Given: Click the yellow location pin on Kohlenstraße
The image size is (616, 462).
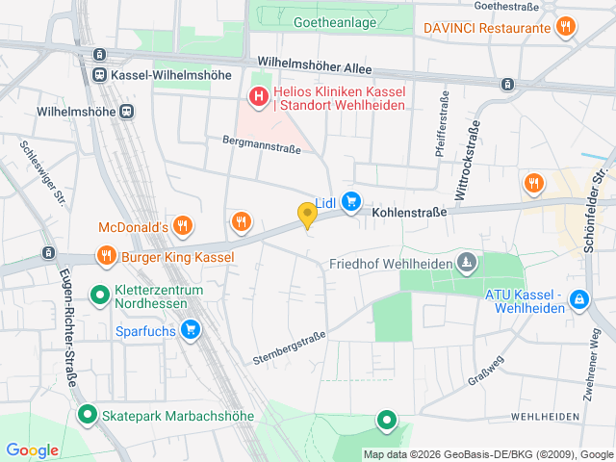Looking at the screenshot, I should click(307, 215).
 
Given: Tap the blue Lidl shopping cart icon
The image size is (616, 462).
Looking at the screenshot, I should click(352, 202).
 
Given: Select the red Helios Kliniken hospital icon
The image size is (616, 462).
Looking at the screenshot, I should click(258, 97).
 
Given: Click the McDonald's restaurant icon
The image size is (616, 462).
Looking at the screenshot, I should click(183, 227).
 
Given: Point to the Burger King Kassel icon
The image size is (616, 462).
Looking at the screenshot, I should click(106, 257).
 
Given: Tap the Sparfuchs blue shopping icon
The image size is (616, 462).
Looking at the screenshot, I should click(191, 330).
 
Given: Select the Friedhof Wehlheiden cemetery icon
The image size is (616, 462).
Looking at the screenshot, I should click(466, 263).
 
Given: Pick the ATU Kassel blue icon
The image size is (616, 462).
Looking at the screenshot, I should click(578, 300).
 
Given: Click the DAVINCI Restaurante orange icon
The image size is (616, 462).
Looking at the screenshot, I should click(566, 28).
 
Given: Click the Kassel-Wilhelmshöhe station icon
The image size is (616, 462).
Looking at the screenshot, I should click(99, 74).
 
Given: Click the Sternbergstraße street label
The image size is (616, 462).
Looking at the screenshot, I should click(290, 347).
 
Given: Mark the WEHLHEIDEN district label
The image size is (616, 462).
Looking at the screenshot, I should click(545, 416).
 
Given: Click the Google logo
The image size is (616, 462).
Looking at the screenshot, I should click(32, 450).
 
